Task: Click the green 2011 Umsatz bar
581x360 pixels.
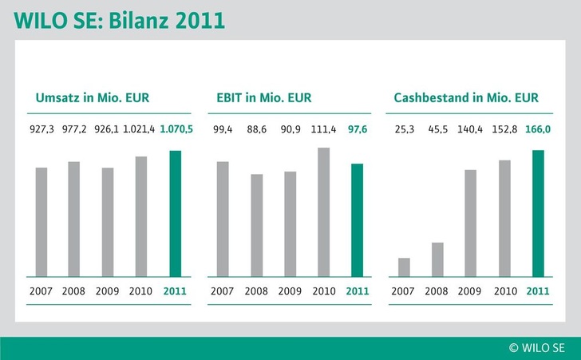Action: (x=176, y=213)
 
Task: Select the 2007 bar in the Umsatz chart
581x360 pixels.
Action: (x=41, y=222)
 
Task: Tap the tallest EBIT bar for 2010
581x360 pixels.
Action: (x=323, y=212)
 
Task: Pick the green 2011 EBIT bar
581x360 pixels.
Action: (x=357, y=220)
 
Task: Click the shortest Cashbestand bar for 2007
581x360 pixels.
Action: (x=404, y=267)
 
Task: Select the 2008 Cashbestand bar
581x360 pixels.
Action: (x=437, y=259)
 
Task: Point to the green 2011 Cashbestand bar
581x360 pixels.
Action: (x=538, y=213)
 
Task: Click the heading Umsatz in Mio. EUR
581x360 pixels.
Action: (x=93, y=98)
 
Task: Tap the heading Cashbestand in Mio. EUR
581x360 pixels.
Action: (x=466, y=98)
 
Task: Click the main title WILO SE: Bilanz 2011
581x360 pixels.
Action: (x=118, y=21)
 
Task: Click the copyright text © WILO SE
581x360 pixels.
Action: (x=537, y=347)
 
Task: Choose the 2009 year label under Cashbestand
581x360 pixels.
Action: (x=471, y=291)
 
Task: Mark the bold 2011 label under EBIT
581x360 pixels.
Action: (x=357, y=291)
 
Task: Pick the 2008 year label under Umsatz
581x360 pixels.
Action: (x=74, y=291)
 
